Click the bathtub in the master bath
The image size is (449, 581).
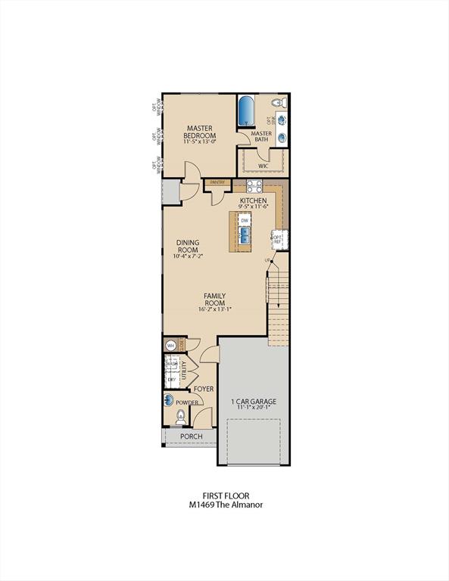point(246,113)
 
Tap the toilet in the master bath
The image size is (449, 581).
point(277,102)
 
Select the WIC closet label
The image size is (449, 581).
point(263,164)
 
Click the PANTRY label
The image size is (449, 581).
point(217,182)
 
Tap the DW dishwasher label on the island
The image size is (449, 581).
point(245,220)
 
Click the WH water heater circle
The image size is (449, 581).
point(170,345)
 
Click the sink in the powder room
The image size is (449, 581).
point(168,402)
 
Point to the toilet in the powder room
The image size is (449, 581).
point(180,415)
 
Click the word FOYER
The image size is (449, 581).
point(204,389)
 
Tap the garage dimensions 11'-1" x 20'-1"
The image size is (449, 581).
point(253,409)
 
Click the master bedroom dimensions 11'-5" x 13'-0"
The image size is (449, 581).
point(199,141)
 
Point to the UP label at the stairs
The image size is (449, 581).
point(267,261)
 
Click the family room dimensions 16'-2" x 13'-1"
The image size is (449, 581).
point(215,309)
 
